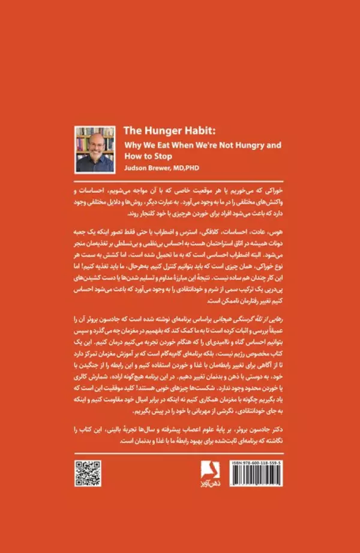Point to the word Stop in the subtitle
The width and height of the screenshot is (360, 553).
[x=162, y=156]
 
